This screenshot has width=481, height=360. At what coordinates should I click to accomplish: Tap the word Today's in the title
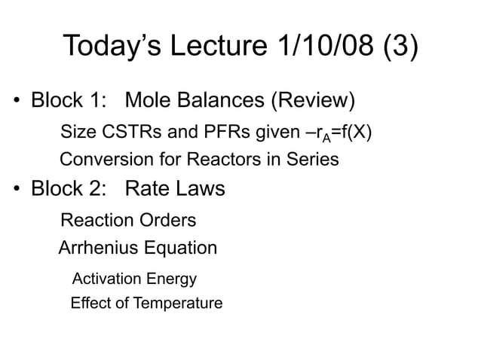[x=114, y=46]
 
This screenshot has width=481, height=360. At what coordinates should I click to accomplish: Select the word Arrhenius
[x=95, y=248]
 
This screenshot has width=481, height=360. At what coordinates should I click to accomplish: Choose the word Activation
[x=106, y=279]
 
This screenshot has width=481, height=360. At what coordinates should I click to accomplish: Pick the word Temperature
[x=178, y=304]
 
